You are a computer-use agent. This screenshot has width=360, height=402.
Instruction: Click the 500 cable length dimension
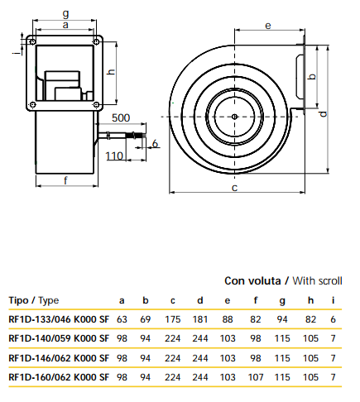pos(121,118)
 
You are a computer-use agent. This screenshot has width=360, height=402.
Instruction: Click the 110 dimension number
pos(114,156)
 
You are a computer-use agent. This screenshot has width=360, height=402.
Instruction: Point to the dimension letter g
pos(65,14)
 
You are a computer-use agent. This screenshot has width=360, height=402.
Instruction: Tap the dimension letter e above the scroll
pos(268,26)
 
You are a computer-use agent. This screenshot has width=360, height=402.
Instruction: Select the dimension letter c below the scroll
pos(234,188)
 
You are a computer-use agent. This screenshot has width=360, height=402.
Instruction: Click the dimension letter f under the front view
pos(65,180)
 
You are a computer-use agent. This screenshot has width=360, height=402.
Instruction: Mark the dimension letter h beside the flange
pos(111,72)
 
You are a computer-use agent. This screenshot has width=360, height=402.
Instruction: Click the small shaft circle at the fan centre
pos(234,117)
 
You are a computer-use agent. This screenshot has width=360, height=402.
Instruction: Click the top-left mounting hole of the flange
pos(32,42)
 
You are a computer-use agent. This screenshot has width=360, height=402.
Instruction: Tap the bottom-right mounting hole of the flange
pos(96,105)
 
